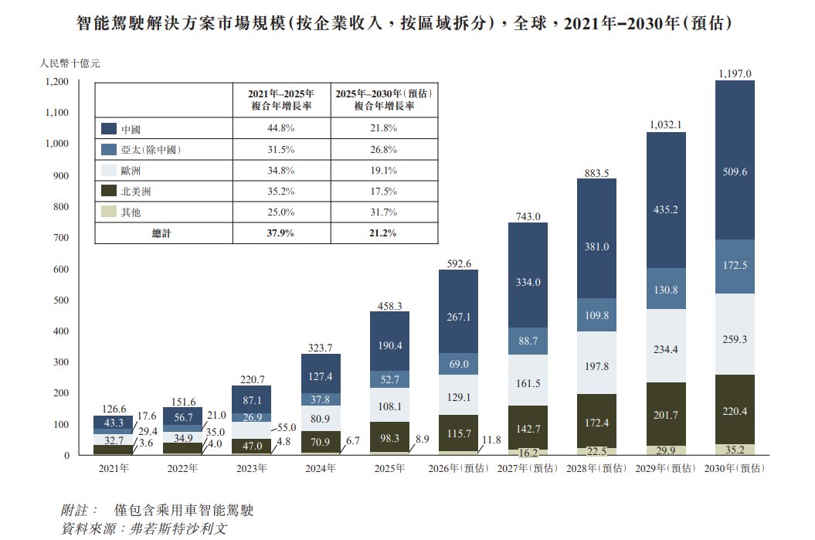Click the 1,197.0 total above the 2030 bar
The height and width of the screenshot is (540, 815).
734,73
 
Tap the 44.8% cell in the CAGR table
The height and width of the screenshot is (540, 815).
281,128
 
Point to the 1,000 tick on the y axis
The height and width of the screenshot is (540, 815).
57,144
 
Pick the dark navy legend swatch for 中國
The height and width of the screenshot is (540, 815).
109,128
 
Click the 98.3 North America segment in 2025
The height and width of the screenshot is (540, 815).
389,438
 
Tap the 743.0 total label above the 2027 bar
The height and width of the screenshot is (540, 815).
528,216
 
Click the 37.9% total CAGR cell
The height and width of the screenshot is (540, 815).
281,233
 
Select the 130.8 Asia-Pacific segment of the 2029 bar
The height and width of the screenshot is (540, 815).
665,290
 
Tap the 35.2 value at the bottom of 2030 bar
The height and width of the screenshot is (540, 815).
734,448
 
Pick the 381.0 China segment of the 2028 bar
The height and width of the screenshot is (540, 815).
596,247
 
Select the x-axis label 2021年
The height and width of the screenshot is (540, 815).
114,468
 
